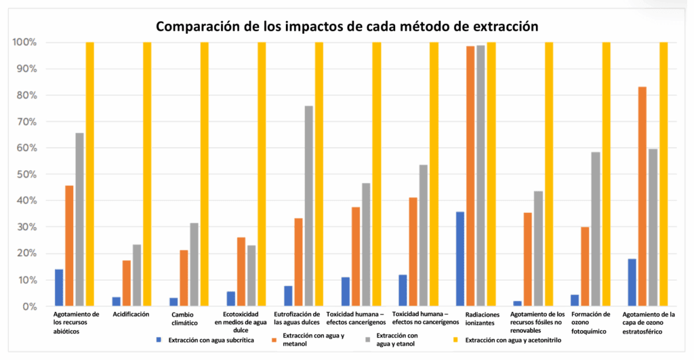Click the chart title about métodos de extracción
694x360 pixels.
(347, 26)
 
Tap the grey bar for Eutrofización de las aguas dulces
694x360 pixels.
(309, 206)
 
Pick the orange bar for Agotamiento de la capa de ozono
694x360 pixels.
(642, 197)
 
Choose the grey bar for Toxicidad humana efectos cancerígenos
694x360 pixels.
(366, 245)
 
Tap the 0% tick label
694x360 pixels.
(28, 306)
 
